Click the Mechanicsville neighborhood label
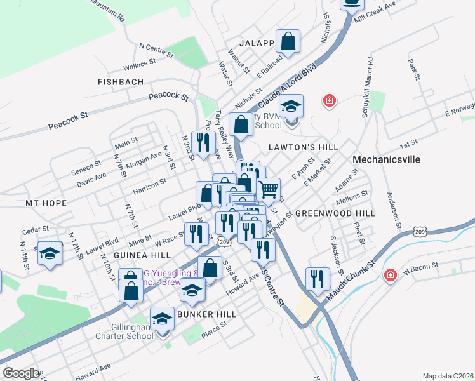(386, 159)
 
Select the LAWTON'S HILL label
(303, 147)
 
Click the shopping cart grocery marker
(269, 189)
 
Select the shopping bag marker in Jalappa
(288, 42)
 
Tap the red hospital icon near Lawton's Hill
(329, 100)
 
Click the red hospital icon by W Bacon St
(389, 276)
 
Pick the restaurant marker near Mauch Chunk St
(317, 279)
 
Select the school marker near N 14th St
(50, 253)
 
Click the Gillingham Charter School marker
(162, 319)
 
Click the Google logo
(20, 373)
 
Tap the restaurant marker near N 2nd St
(203, 143)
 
